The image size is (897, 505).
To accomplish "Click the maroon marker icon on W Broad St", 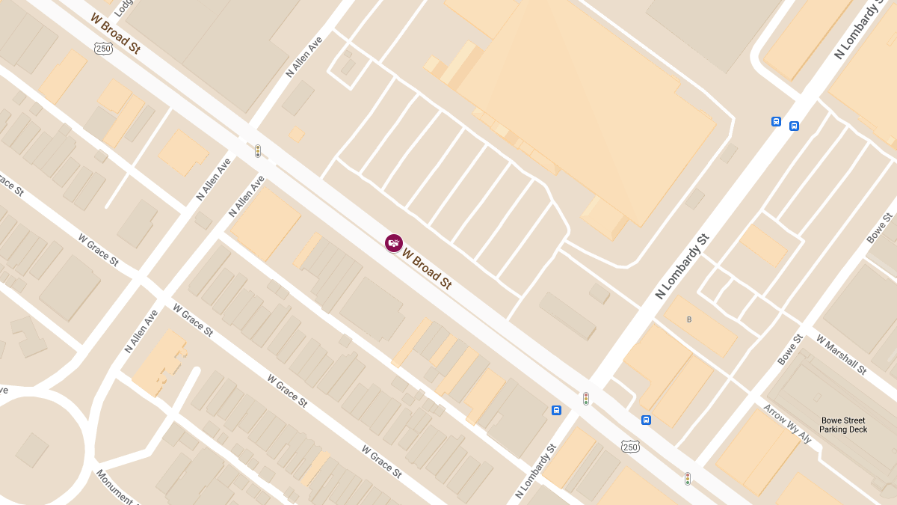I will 394,242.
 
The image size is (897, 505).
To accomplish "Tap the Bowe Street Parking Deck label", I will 842,425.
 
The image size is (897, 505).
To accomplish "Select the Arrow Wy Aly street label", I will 787,423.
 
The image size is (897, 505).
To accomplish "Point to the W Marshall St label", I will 841,355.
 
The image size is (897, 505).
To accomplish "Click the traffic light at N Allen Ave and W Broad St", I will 258,151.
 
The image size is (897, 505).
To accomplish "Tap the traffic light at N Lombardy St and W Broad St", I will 586,399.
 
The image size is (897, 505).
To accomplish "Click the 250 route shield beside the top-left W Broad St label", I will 104,48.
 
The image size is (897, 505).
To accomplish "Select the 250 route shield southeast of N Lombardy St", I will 630,447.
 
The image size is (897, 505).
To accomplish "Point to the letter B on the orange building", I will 689,319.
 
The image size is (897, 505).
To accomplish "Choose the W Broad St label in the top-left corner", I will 115,33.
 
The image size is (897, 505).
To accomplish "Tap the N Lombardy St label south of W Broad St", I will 536,471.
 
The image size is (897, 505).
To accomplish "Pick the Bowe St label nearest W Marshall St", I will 789,349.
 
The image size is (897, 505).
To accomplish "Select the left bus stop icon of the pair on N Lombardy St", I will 777,122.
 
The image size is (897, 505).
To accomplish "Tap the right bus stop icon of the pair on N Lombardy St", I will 794,126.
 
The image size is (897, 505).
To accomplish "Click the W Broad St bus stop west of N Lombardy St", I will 556,410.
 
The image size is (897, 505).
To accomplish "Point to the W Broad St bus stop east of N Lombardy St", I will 646,420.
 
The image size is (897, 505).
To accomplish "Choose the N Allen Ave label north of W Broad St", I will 304,57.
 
